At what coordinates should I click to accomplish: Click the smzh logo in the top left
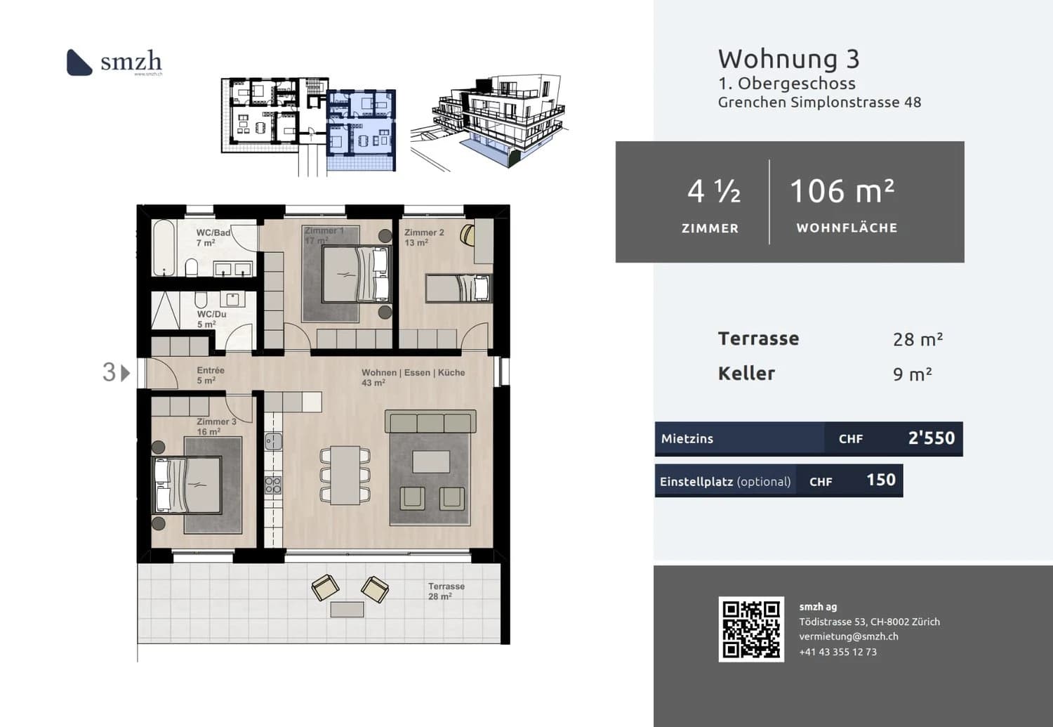point(114,62)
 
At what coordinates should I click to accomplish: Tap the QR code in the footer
point(751,629)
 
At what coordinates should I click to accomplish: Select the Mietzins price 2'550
point(931,438)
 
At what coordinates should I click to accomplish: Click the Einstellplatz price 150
point(880,480)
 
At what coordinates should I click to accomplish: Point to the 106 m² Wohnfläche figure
point(842,191)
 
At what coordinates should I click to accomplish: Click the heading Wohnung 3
point(788,59)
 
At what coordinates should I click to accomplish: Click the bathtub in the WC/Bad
point(164,249)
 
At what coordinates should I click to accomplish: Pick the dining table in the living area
point(345,475)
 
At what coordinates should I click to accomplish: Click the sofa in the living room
point(430,422)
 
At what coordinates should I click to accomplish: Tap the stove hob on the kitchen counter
point(273,485)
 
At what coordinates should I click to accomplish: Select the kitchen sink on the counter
point(273,441)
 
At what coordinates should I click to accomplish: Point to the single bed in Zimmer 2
point(458,288)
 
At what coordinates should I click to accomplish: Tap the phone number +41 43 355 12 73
point(837,652)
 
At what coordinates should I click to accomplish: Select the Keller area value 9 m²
point(912,374)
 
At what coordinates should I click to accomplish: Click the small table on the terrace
point(347,609)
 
